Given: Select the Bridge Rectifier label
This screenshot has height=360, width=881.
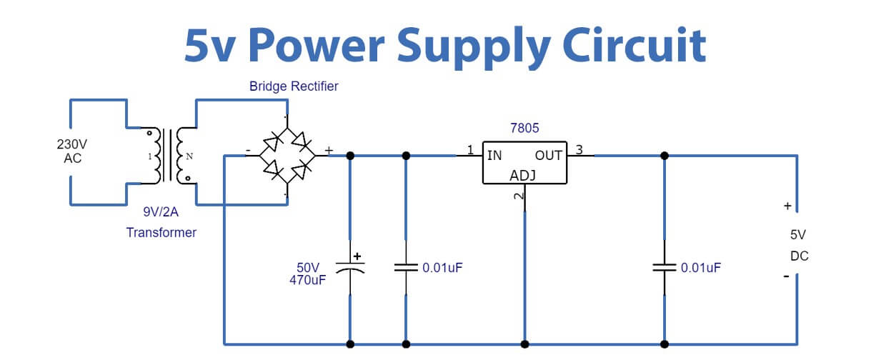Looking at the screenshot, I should (x=294, y=86).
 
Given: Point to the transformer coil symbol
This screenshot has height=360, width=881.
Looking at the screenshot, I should (x=171, y=155).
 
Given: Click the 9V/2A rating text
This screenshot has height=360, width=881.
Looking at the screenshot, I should (x=161, y=211).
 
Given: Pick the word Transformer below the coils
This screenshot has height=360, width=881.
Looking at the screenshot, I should (x=161, y=232).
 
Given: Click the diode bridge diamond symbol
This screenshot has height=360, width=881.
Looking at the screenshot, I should (x=287, y=156).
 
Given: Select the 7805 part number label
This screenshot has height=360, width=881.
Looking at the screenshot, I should (x=524, y=129).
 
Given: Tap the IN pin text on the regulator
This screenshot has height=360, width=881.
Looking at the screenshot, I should (x=494, y=155).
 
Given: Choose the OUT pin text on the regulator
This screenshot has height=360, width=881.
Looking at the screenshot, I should (x=549, y=155).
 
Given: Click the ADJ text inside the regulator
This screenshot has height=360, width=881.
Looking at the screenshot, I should (x=524, y=176).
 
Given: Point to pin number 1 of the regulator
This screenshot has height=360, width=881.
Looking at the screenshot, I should (x=470, y=150).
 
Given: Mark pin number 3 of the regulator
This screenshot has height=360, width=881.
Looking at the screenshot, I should (x=579, y=150).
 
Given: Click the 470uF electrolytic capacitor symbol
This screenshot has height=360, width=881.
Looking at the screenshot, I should (x=350, y=267).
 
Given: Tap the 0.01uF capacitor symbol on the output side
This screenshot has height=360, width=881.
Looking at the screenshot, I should (x=665, y=268).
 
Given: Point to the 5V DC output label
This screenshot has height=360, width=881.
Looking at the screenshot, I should (x=799, y=245).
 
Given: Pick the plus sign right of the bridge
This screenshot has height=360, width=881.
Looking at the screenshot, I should (x=329, y=150).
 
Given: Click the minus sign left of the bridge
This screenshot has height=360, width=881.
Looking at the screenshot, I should (x=247, y=150).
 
